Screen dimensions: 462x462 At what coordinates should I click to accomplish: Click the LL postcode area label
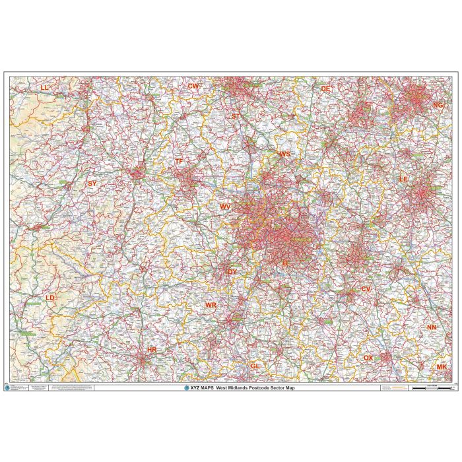tap(44, 87)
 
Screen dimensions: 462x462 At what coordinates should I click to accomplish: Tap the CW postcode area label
tap(193, 86)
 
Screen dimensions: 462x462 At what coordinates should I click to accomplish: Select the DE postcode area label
tap(325, 88)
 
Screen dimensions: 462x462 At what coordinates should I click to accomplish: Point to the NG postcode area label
tap(438, 105)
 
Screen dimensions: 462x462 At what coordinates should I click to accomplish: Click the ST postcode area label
tap(236, 116)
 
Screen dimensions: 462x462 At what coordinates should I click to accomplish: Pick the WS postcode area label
tap(284, 154)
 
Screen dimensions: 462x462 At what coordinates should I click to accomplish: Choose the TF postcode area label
tap(179, 162)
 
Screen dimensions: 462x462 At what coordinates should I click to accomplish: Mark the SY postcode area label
tap(92, 184)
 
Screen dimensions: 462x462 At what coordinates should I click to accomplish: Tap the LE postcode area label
tap(404, 179)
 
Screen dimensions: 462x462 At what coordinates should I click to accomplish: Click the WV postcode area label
tap(226, 207)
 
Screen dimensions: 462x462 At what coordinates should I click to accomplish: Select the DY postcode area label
tap(232, 271)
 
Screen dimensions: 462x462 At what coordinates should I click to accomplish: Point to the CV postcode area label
tap(366, 290)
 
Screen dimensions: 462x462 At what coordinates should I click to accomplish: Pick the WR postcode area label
tap(211, 306)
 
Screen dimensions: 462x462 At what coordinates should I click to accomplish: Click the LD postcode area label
tap(50, 298)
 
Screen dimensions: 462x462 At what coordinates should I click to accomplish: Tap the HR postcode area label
tap(152, 350)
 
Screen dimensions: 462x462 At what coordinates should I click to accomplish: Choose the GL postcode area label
tap(255, 366)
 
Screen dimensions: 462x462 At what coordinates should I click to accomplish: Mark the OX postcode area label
tap(368, 358)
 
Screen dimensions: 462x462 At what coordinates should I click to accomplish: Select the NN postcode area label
tap(432, 328)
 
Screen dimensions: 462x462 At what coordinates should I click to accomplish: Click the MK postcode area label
tap(442, 366)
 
